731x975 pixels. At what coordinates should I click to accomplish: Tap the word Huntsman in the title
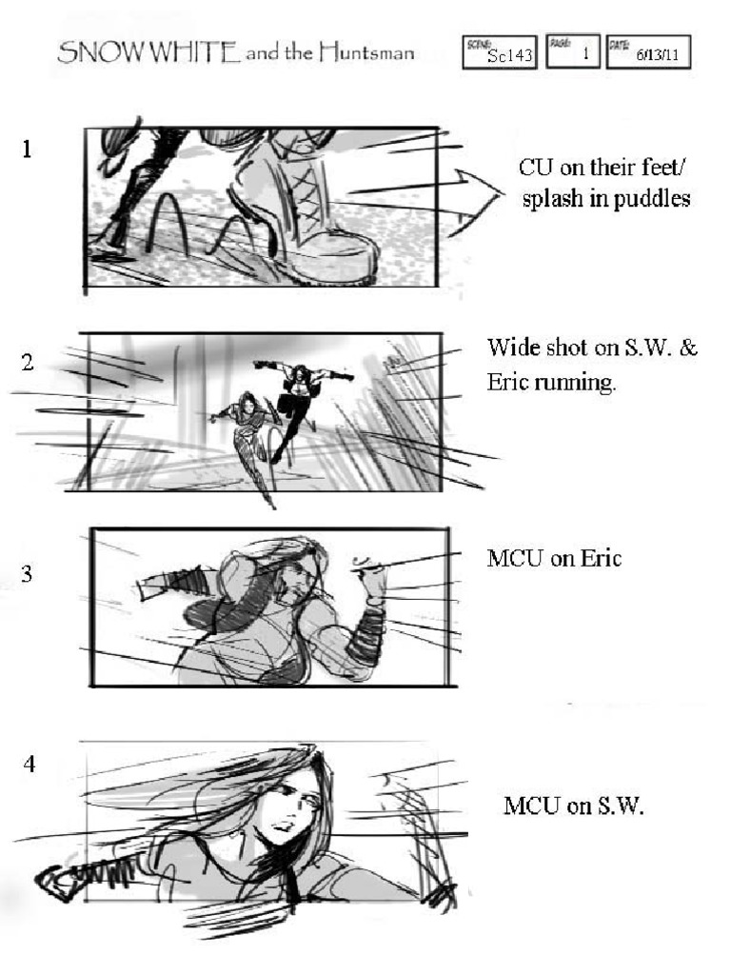point(366,53)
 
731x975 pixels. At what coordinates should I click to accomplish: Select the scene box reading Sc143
point(500,53)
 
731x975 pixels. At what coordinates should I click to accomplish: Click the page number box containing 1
point(572,53)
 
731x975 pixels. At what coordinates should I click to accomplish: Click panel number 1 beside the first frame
point(28,149)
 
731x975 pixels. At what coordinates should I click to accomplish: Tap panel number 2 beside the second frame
point(28,362)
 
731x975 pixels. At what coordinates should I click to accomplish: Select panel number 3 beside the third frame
point(28,573)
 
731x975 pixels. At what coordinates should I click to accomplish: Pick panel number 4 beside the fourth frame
point(30,763)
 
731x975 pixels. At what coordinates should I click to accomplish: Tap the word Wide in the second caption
point(508,348)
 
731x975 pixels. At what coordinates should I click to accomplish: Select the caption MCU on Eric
point(554,559)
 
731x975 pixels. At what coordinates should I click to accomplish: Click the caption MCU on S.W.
point(573,806)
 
